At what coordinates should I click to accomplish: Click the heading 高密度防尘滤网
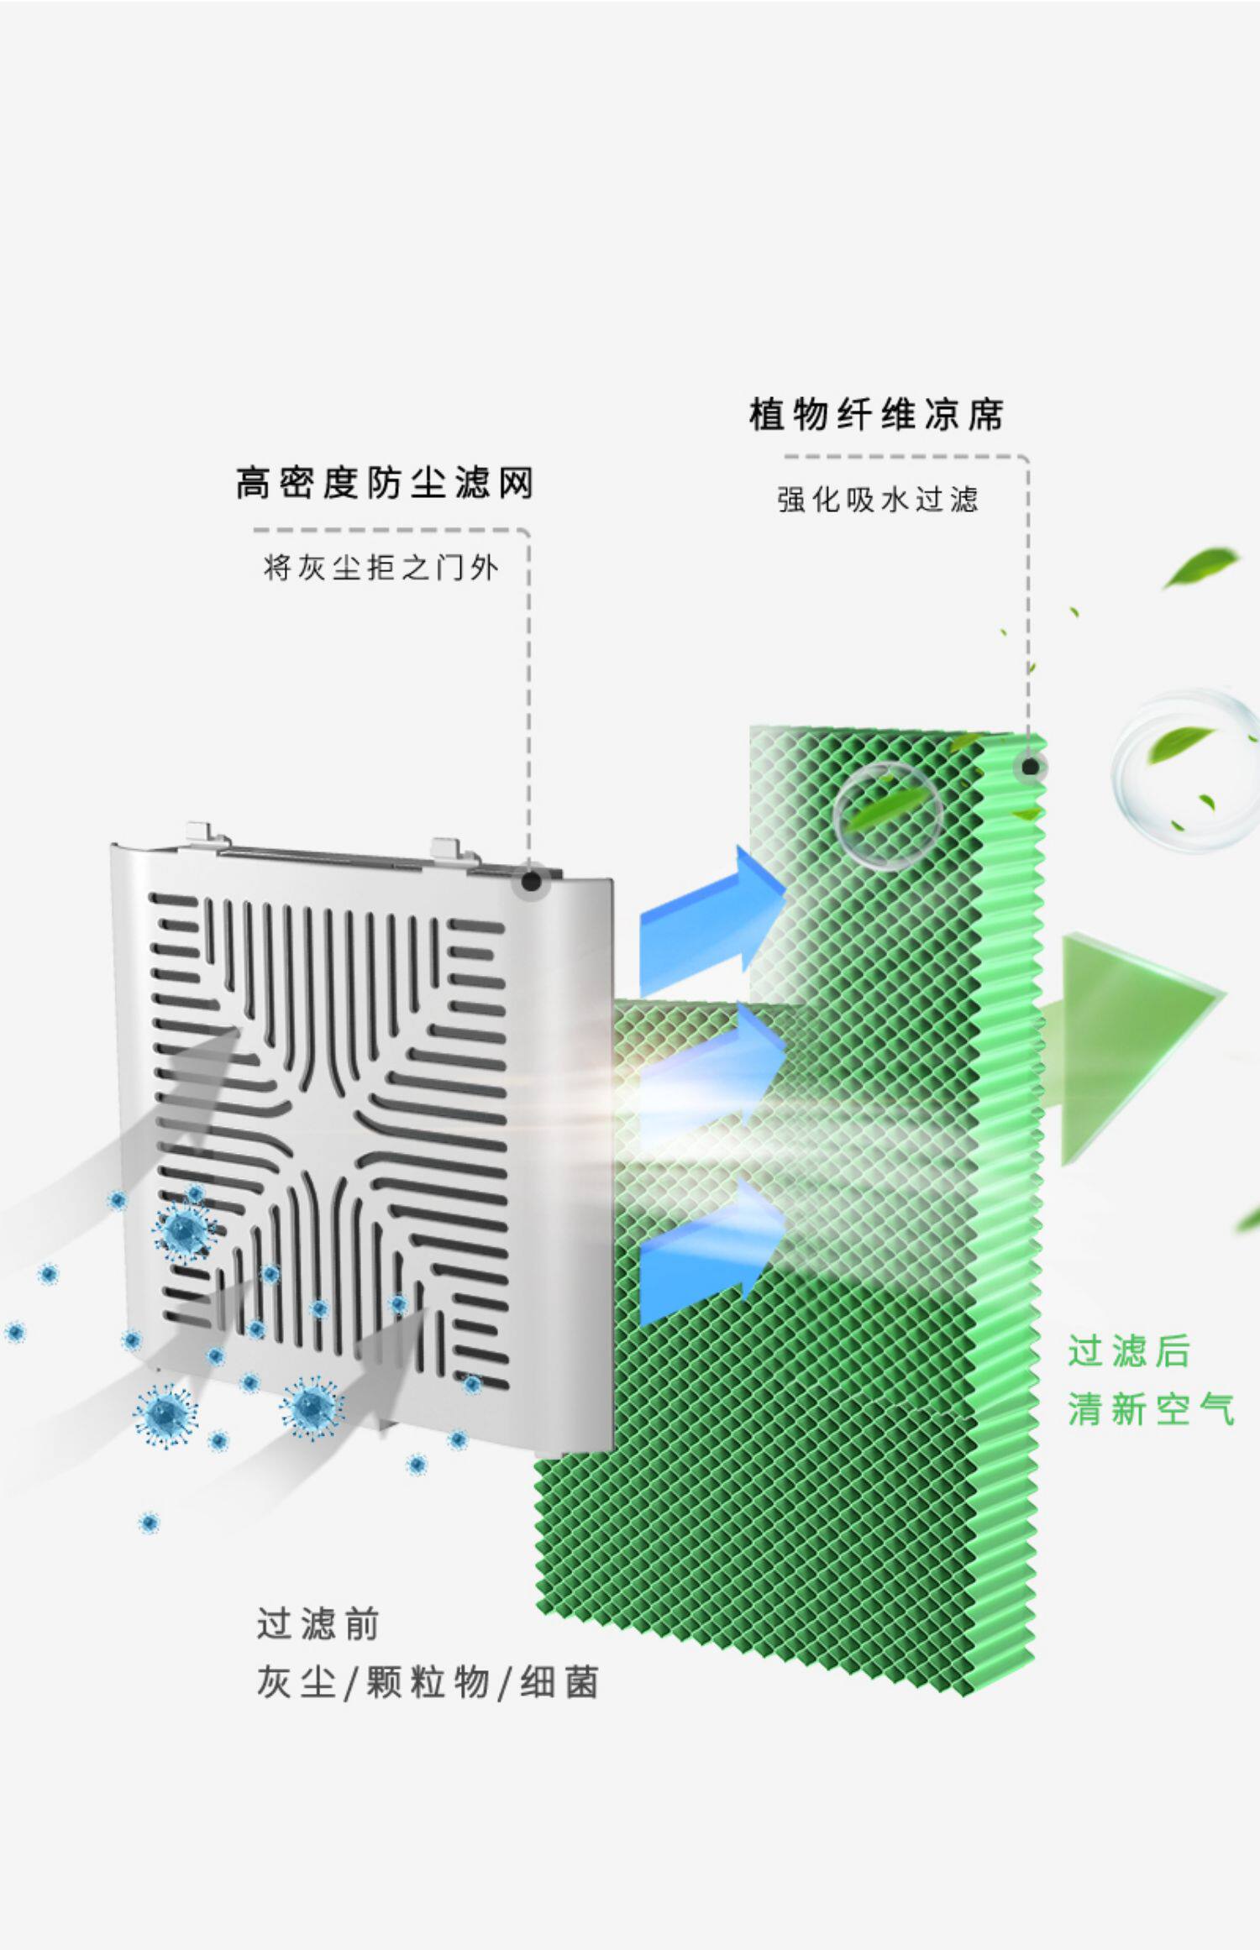click(x=385, y=485)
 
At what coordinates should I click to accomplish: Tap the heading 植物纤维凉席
click(x=876, y=415)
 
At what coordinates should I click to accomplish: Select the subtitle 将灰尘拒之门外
click(x=381, y=569)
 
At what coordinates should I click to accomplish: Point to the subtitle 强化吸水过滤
click(x=878, y=501)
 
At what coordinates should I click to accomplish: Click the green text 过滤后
click(x=1129, y=1352)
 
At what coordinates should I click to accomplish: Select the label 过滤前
click(x=318, y=1624)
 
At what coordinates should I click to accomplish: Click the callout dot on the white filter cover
click(x=531, y=881)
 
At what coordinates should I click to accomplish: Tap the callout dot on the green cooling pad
click(x=1030, y=767)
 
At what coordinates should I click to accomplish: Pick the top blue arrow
click(x=714, y=921)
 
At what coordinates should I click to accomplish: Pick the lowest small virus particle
click(x=149, y=1522)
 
